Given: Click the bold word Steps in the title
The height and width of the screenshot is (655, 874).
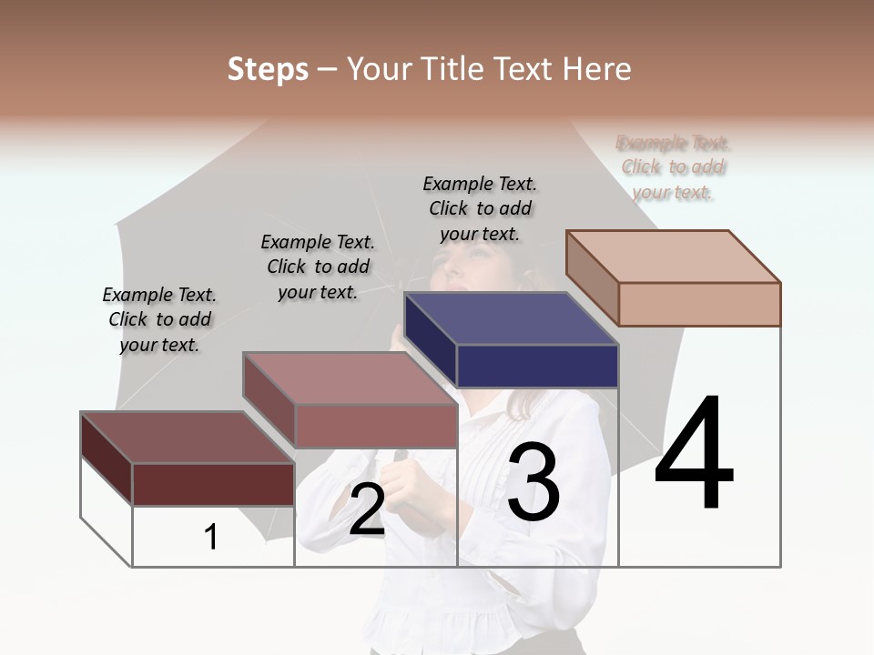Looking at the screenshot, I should [268, 69].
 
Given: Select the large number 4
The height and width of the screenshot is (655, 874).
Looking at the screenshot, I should [694, 454].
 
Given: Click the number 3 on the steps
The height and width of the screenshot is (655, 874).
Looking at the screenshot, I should [534, 481].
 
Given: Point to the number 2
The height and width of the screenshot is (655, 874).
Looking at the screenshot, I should [367, 509].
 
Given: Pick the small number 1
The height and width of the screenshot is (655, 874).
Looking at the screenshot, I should [211, 538].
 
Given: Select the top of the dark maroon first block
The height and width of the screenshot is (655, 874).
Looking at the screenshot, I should [187, 438].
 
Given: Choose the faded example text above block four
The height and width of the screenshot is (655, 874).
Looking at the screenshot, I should [674, 167].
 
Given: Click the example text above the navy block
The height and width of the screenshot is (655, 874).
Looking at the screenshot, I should [480, 208].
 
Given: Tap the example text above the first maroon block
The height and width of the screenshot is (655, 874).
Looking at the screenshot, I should [159, 319].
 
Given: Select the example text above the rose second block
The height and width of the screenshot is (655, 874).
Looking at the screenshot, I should [318, 267].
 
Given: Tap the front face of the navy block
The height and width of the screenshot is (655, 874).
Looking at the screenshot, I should [537, 367].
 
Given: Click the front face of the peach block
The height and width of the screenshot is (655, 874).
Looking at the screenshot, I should [699, 304].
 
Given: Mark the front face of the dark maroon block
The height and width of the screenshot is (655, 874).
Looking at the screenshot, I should [213, 484].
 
